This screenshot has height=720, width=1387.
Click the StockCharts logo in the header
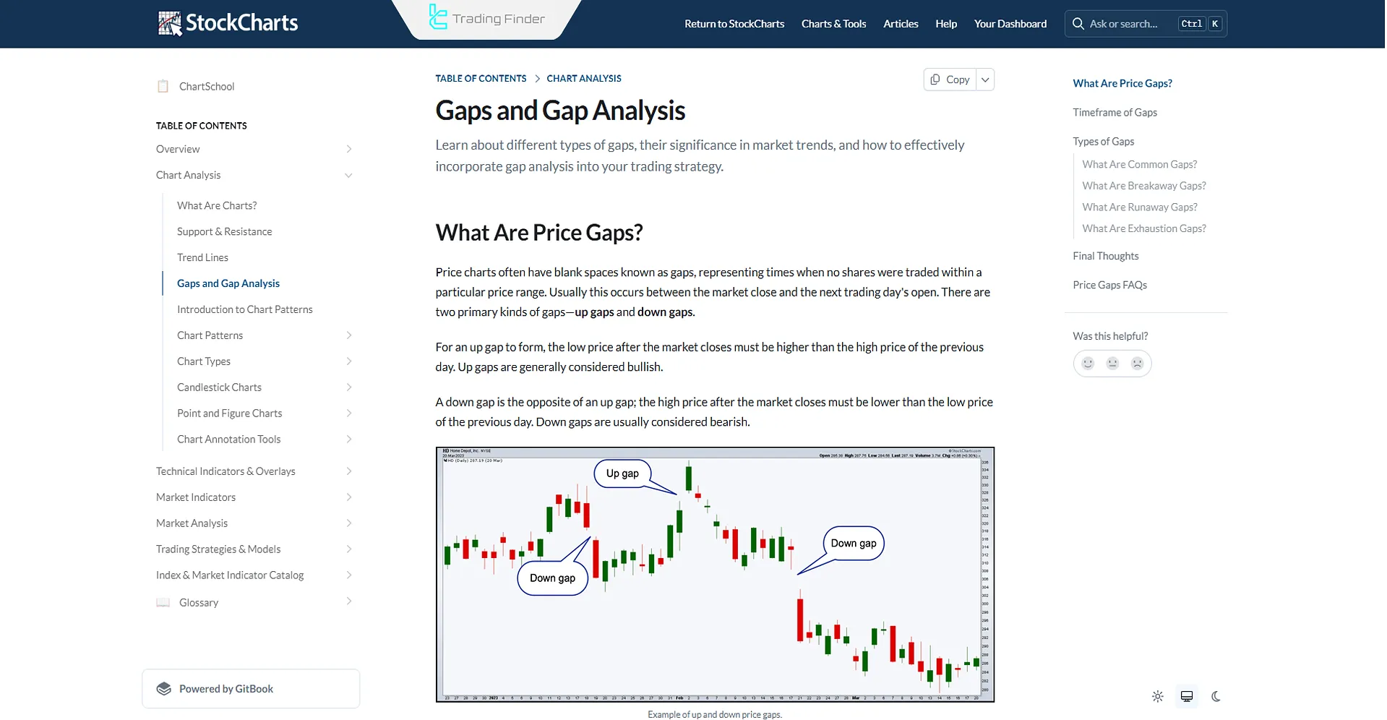click(228, 23)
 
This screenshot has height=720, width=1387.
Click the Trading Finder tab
click(488, 19)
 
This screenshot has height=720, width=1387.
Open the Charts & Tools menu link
click(833, 24)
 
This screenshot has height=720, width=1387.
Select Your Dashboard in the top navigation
click(1010, 24)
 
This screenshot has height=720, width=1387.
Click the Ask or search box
click(1124, 24)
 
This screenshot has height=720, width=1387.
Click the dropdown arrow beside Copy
click(984, 80)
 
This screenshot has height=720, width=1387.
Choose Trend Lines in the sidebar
click(202, 257)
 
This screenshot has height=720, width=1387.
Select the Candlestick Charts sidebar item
click(219, 387)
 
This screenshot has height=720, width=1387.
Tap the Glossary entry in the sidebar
click(199, 603)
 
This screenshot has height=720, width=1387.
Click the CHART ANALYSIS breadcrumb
click(583, 78)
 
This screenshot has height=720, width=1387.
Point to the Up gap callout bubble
click(622, 473)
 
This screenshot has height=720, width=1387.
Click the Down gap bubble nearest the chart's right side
click(853, 544)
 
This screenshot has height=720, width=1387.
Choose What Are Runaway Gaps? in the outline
click(1139, 207)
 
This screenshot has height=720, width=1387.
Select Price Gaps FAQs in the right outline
click(1109, 285)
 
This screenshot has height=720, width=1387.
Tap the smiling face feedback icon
click(1088, 364)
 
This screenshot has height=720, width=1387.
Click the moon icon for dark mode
click(1216, 697)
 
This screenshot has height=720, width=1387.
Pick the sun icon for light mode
click(1158, 697)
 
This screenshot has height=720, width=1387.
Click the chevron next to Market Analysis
click(349, 523)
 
